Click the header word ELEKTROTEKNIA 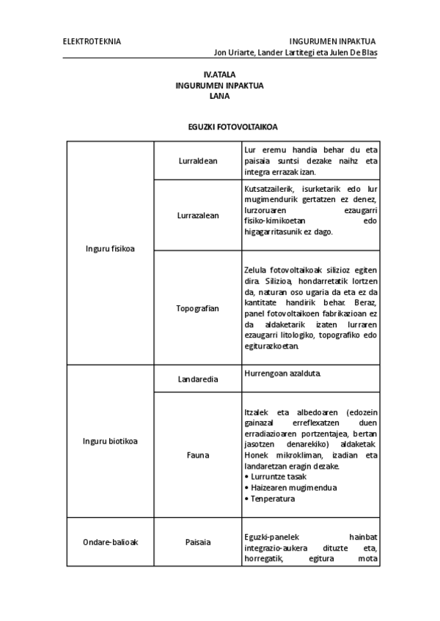point(92,41)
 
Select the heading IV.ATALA point(219,75)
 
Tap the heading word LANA point(219,95)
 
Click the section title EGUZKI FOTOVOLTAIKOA point(219,127)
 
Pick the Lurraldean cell point(197,160)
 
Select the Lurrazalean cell point(197,215)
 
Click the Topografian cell point(197,308)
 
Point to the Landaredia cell point(197,379)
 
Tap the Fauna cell point(197,455)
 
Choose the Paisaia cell point(197,542)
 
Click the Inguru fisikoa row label point(110,250)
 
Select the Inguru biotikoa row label point(110,441)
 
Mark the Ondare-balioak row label point(110,542)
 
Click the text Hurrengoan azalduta point(282,373)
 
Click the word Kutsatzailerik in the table point(271,188)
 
